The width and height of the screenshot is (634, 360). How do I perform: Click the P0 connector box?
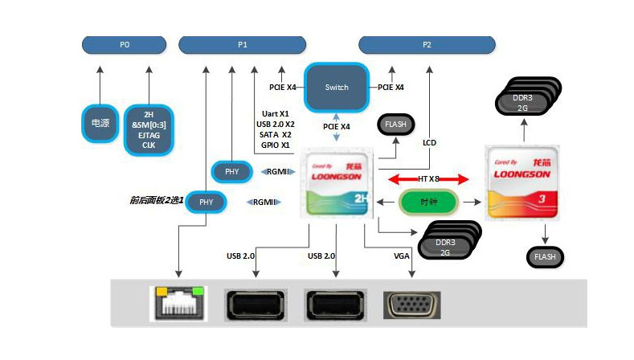pyautogui.click(x=125, y=45)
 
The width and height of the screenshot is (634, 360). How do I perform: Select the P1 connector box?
pyautogui.click(x=243, y=45)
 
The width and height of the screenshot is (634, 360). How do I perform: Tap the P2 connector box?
pyautogui.click(x=427, y=45)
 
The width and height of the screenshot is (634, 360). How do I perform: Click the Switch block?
pyautogui.click(x=337, y=87)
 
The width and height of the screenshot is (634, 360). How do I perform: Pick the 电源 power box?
pyautogui.click(x=100, y=122)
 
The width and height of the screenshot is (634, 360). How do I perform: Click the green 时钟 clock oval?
pyautogui.click(x=428, y=201)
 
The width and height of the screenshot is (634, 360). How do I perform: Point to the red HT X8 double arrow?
pyautogui.click(x=427, y=178)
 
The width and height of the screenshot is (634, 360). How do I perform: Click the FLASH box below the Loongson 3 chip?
pyautogui.click(x=546, y=257)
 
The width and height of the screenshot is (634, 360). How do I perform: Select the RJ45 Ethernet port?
pyautogui.click(x=178, y=305)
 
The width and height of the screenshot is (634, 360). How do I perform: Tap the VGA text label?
pyautogui.click(x=401, y=256)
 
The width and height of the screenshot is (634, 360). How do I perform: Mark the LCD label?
pyautogui.click(x=429, y=142)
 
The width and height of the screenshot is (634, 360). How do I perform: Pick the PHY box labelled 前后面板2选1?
pyautogui.click(x=207, y=202)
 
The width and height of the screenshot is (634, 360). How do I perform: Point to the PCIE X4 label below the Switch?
pyautogui.click(x=336, y=126)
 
